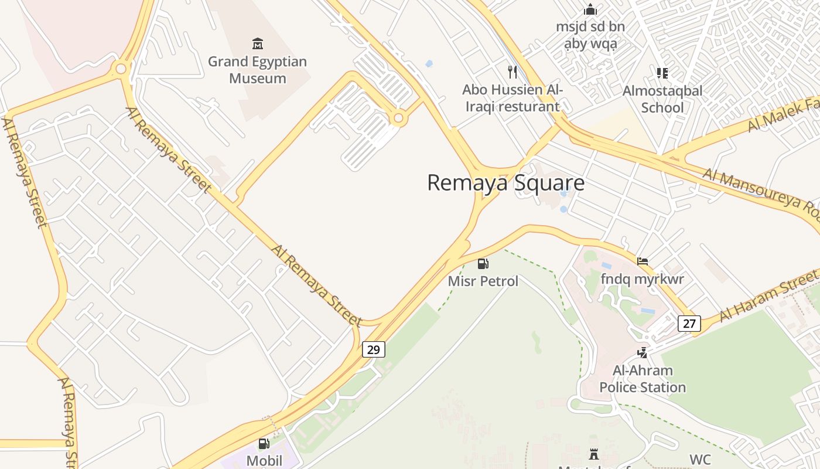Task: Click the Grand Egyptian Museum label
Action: pyautogui.click(x=257, y=70)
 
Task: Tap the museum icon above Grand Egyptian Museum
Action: pyautogui.click(x=257, y=43)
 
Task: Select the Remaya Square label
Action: pyautogui.click(x=505, y=183)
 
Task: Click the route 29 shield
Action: pyautogui.click(x=374, y=350)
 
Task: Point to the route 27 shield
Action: pyautogui.click(x=689, y=323)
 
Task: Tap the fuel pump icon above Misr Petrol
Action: pyautogui.click(x=483, y=264)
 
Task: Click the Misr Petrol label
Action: pyautogui.click(x=483, y=281)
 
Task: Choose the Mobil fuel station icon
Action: pyautogui.click(x=264, y=444)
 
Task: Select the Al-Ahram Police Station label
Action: pyautogui.click(x=643, y=379)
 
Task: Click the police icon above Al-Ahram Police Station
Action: pyautogui.click(x=643, y=352)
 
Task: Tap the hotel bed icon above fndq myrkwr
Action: pyautogui.click(x=643, y=261)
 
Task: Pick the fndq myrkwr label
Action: pyautogui.click(x=642, y=279)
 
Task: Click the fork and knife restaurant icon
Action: pyautogui.click(x=512, y=72)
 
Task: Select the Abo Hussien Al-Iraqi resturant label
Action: pyautogui.click(x=512, y=98)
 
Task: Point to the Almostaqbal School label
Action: pyautogui.click(x=662, y=99)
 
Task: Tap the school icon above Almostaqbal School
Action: pyautogui.click(x=662, y=73)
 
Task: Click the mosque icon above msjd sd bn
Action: pyautogui.click(x=590, y=9)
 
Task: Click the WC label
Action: pyautogui.click(x=700, y=459)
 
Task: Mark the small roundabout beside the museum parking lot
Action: pyautogui.click(x=399, y=118)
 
